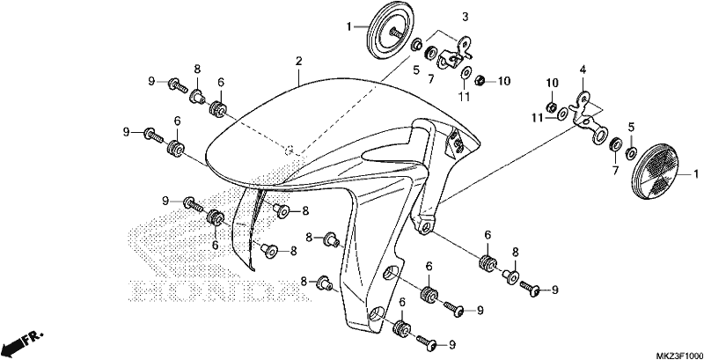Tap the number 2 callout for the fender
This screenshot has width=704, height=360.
[299, 62]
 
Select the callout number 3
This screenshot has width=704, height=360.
[466, 18]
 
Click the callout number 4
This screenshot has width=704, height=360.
[583, 70]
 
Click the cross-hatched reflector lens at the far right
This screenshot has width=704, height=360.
[656, 173]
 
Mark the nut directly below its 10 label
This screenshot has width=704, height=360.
[551, 107]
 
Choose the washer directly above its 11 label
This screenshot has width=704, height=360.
[467, 73]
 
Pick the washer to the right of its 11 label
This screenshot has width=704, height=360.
[561, 115]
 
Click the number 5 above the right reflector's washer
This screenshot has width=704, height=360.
[632, 127]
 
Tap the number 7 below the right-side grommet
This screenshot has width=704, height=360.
[614, 171]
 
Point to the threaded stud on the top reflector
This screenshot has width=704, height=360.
[396, 32]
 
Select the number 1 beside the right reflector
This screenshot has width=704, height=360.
[696, 173]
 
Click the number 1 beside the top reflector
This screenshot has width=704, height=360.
[349, 27]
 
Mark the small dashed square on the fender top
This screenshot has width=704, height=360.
[290, 150]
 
